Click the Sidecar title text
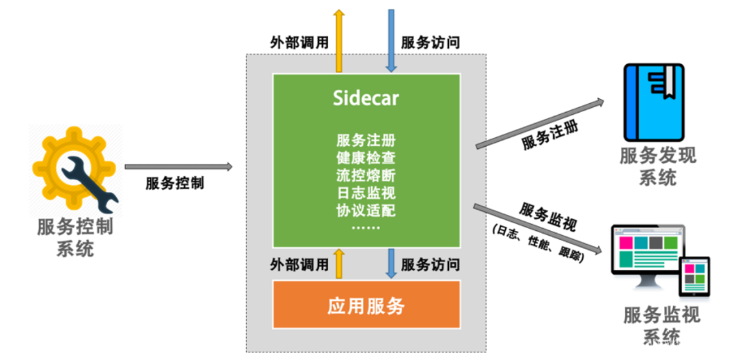[x=366, y=98]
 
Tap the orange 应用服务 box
[x=366, y=305]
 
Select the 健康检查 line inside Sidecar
[x=366, y=157]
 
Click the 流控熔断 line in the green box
[x=366, y=174]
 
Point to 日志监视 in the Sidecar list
[x=366, y=191]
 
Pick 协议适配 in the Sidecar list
[x=366, y=208]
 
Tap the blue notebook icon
[x=653, y=102]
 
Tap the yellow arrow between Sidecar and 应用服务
[x=338, y=263]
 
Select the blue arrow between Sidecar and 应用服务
[x=392, y=263]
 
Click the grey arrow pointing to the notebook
[x=540, y=123]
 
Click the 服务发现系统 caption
[x=657, y=166]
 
